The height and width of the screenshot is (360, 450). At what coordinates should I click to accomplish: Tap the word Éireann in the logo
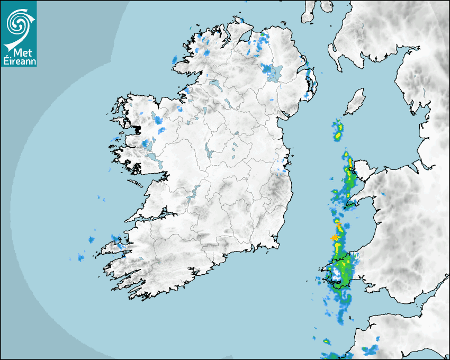tap(19, 61)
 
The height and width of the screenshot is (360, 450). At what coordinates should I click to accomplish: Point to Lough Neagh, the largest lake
tap(275, 74)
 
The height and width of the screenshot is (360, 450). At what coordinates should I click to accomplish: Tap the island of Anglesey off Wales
tap(362, 170)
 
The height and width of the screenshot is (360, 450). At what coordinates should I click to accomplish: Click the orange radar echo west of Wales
tap(335, 238)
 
